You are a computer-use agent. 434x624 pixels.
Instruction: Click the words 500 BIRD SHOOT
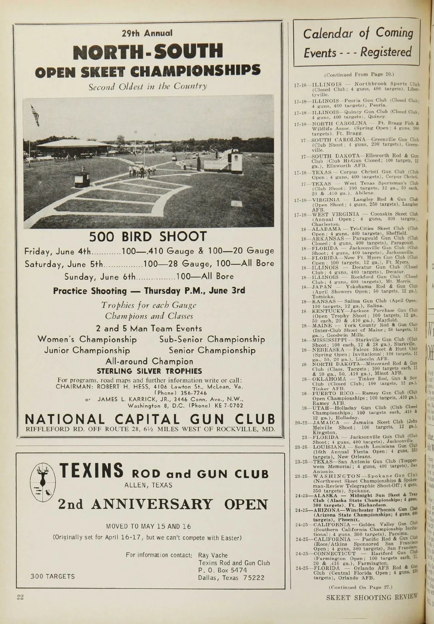[148, 237]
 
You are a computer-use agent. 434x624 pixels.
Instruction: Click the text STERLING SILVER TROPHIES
[149, 371]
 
